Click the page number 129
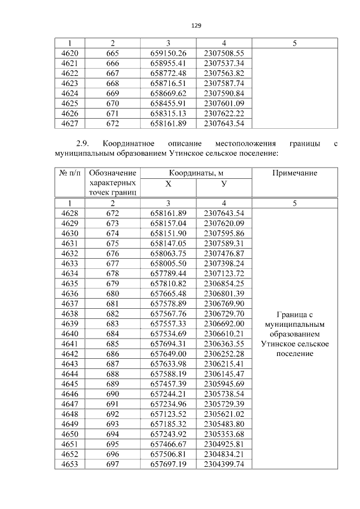point(196,26)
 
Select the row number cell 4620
point(69,53)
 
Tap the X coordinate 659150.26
point(168,53)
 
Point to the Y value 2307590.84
point(224,93)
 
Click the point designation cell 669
point(112,93)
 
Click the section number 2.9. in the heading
point(85,143)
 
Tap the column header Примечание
point(295,173)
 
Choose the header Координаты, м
point(196,173)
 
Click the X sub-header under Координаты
point(168,184)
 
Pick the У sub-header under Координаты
point(224,184)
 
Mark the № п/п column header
point(69,173)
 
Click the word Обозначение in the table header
point(112,173)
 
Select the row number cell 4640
point(69,334)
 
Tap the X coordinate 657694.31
point(168,344)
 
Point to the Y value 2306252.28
point(224,354)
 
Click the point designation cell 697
point(112,464)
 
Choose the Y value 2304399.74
point(224,464)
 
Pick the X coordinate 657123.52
point(168,414)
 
